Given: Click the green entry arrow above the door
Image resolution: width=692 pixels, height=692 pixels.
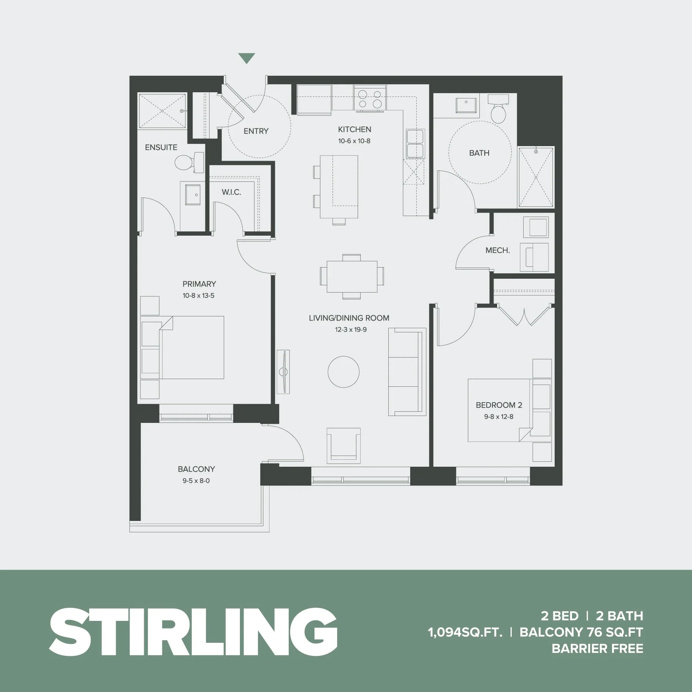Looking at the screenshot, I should (246, 58).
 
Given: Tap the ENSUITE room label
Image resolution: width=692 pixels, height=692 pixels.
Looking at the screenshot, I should (161, 147).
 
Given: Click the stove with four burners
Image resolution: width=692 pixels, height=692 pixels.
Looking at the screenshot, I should (370, 99).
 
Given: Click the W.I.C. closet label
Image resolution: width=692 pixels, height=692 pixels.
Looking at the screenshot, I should (231, 192).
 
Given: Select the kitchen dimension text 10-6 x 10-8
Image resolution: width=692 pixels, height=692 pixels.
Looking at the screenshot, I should (354, 141).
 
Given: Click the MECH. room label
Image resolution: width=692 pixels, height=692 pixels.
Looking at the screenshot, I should (497, 251).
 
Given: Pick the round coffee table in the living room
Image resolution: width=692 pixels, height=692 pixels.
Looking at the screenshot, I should (343, 372).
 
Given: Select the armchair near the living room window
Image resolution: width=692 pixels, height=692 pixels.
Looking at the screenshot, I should (344, 446).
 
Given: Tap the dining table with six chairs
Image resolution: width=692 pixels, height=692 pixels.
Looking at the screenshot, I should (352, 276).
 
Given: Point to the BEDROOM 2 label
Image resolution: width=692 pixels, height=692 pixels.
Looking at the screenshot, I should (499, 405).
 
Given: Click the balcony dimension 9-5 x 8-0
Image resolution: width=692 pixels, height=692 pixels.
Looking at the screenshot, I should (196, 481).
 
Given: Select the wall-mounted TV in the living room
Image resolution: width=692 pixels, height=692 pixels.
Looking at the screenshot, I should (283, 372).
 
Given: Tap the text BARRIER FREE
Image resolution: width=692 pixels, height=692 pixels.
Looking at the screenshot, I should (597, 649).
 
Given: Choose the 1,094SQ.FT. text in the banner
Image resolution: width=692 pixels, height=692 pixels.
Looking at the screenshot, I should (465, 632).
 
